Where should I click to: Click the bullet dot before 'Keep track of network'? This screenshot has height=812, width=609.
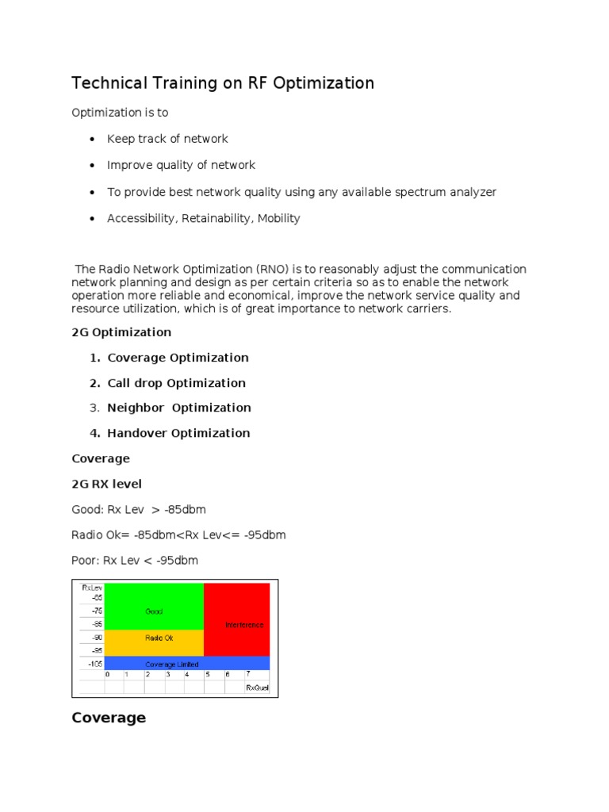coord(91,140)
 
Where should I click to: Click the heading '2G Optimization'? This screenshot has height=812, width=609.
coord(121,331)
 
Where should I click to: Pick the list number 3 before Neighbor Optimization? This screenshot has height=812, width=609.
coord(94,408)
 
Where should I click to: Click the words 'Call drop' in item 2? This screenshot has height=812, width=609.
coord(136,383)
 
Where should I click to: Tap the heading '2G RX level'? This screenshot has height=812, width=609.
coord(106,484)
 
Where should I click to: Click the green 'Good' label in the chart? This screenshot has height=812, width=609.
coord(154,611)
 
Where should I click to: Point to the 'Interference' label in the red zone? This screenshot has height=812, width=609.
coord(244,625)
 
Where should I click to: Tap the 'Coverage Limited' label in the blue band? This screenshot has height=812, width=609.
coord(172,664)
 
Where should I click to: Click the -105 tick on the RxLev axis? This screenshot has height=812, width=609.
coord(95,664)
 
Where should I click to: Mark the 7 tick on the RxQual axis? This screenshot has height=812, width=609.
coord(247,675)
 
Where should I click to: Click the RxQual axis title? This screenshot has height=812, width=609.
coord(257,688)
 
